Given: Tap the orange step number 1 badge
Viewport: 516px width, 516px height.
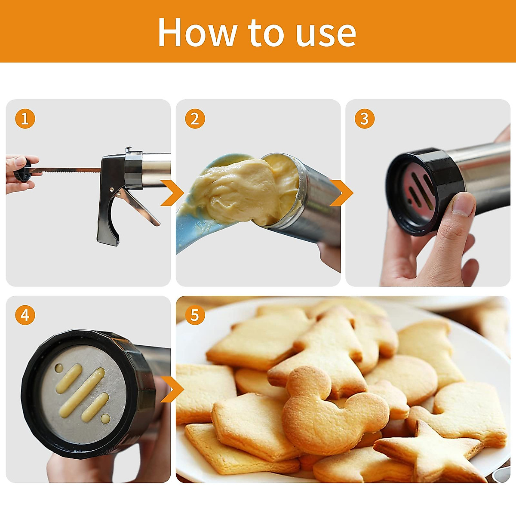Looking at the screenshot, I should [x=25, y=119].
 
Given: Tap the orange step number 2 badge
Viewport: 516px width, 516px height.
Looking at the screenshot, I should [x=195, y=119].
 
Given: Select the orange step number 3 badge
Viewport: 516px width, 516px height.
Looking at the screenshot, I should [x=364, y=119].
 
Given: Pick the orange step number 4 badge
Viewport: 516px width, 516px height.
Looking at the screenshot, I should [x=25, y=315].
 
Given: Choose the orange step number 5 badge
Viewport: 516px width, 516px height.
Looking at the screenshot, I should [x=195, y=315].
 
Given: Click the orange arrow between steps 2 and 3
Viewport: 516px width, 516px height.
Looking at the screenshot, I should [x=342, y=193].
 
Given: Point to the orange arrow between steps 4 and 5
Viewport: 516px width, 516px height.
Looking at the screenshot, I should [x=173, y=390].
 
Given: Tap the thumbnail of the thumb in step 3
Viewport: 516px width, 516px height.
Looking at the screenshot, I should [x=464, y=204].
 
